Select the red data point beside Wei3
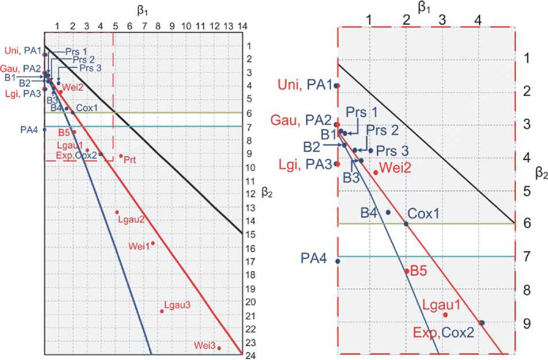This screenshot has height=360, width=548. (219, 348)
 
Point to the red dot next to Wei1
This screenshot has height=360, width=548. (153, 243)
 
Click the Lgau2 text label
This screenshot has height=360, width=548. (130, 219)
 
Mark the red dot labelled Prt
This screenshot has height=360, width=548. (121, 156)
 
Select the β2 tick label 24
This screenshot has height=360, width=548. (250, 355)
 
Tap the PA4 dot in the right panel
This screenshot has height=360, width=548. (337, 261)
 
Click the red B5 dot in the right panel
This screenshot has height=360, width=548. (407, 271)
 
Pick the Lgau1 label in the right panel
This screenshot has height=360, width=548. (441, 304)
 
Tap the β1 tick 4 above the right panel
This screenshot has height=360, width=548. (478, 19)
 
